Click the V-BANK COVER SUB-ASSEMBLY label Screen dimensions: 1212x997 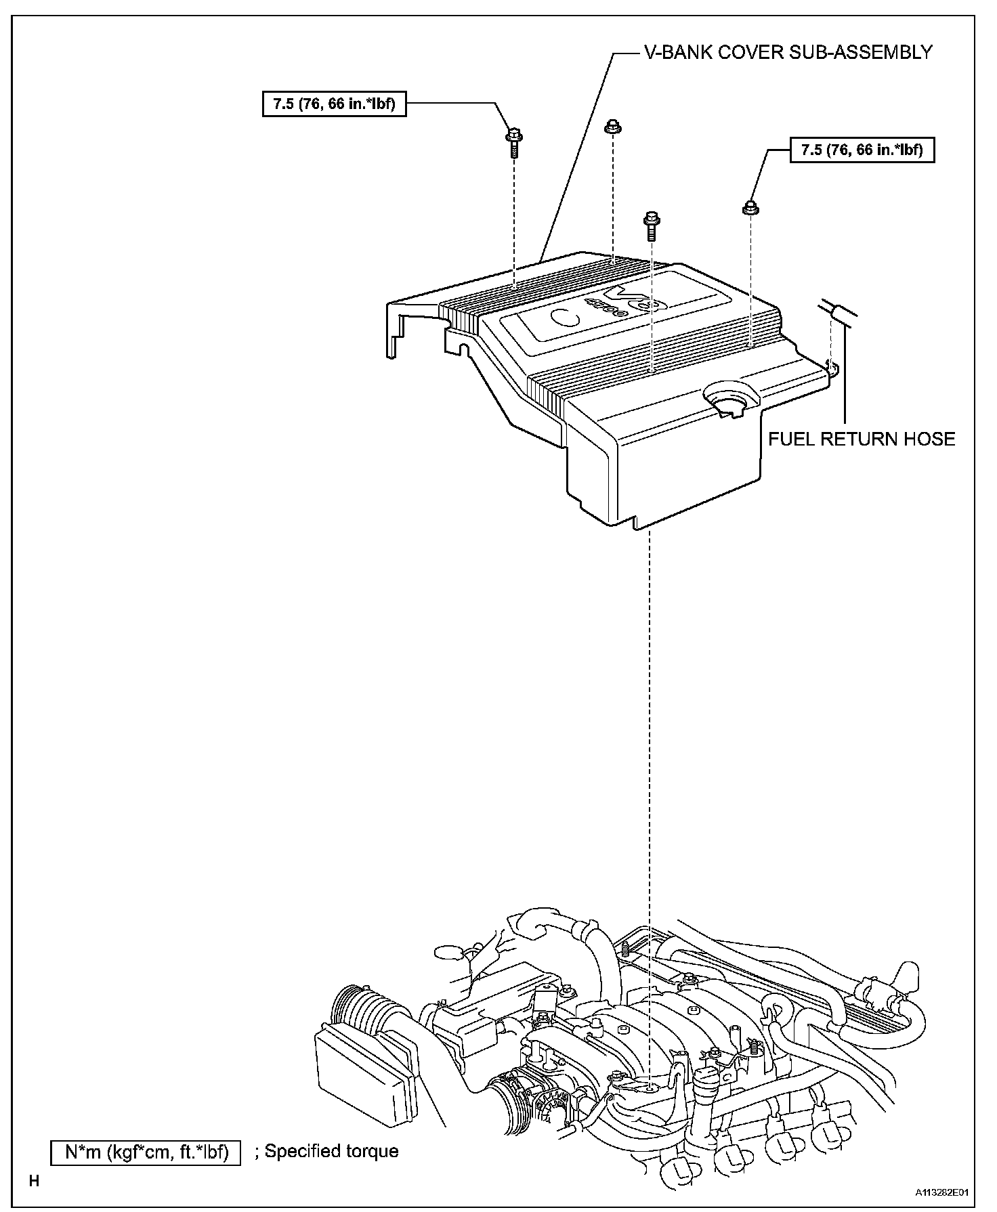(787, 51)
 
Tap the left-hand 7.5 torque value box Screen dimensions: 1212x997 (334, 104)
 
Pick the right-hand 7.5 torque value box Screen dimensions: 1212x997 (862, 150)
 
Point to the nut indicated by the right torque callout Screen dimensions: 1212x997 (751, 207)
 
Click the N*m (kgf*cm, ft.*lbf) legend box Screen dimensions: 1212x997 (146, 1151)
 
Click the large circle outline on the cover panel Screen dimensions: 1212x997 (564, 318)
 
